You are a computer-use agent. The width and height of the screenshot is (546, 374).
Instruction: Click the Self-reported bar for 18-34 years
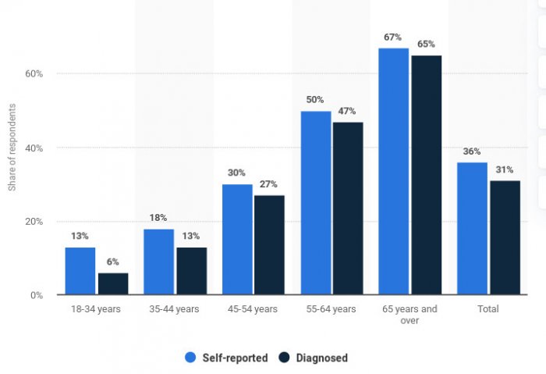coord(80,271)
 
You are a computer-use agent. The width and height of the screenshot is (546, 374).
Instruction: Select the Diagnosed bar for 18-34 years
coord(113,284)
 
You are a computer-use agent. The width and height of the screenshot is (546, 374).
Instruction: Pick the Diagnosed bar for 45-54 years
coord(269,245)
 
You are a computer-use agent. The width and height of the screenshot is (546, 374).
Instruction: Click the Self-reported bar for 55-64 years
coord(315,203)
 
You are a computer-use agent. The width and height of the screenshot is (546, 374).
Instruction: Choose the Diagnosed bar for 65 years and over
coord(426,175)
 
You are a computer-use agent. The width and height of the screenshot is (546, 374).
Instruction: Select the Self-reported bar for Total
coord(472,229)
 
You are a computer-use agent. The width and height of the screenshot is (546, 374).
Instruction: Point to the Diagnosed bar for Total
coord(505,238)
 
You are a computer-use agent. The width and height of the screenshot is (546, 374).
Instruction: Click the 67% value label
coord(392,37)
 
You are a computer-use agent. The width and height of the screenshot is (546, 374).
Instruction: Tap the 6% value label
coord(113,262)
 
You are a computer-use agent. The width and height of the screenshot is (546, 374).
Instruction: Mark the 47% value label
coord(348,112)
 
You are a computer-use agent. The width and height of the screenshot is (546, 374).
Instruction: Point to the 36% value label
coord(471,151)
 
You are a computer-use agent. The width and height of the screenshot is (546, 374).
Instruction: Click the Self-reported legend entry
coord(226,358)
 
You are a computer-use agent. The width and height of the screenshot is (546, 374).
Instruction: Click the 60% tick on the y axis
coord(34,74)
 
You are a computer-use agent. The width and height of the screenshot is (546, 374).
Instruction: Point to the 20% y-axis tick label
coord(34,222)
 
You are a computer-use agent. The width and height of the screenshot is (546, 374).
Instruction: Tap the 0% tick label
coord(36,295)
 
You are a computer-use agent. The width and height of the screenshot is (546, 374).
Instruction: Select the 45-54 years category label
coord(253,309)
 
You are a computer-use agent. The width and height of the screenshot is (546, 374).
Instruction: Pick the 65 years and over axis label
coord(409,314)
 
